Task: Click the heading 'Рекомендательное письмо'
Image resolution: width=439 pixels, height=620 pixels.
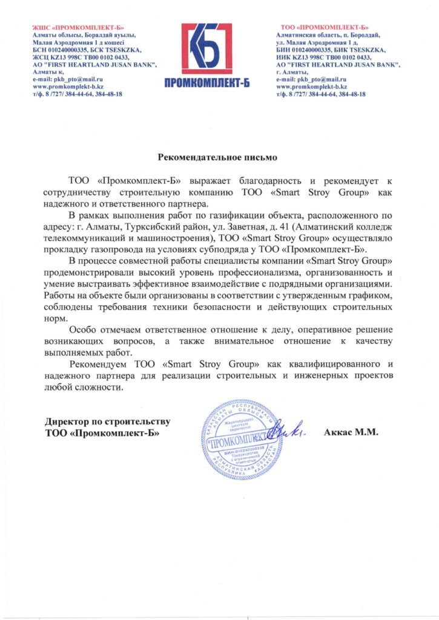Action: tap(217, 157)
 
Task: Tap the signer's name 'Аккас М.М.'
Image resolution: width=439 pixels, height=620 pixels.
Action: tap(351, 433)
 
